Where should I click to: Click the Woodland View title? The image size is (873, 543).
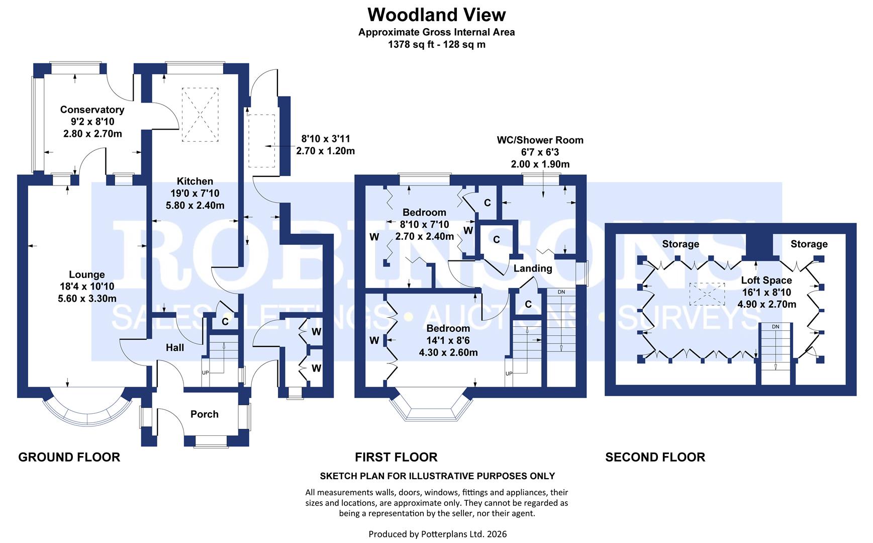coord(436,15)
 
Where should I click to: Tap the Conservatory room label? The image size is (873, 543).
coord(92,110)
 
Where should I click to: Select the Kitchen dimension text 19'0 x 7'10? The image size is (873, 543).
coord(195,194)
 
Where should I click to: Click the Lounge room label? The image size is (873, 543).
coord(87,275)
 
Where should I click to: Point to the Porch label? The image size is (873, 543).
coord(204,414)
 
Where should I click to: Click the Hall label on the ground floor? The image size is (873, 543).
coord(175,347)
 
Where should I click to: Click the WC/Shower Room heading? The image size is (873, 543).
coord(540,140)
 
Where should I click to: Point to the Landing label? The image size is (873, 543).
coord(533,268)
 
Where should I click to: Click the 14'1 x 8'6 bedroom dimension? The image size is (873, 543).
coord(448,341)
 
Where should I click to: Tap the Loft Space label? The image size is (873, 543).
coord(766,281)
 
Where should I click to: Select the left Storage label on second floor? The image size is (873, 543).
coord(681,244)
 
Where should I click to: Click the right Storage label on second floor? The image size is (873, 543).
coord(809,244)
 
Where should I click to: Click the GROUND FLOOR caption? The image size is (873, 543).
coord(69,457)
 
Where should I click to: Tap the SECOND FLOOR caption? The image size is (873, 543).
coord(655,457)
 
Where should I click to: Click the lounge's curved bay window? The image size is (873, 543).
coord(86,411)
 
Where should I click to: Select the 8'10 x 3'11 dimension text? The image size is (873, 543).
coord(325,139)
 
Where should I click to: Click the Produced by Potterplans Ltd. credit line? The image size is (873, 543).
coord(437,534)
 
